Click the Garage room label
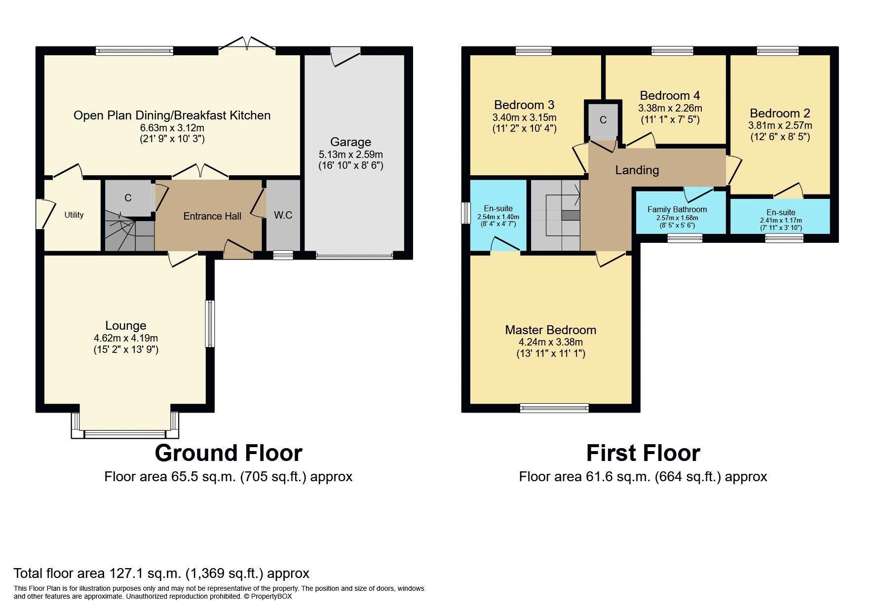350,142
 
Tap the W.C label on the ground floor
283,215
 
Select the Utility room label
74,215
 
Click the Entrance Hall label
212,216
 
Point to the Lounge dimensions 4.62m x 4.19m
126,338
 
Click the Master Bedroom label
551,330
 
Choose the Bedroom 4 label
670,95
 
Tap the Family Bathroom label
677,209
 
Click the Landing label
637,170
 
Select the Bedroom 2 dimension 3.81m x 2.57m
780,125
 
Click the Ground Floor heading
228,453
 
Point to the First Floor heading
643,453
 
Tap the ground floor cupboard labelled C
128,198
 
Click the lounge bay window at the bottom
125,434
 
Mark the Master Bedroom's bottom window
554,408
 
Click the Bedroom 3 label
524,105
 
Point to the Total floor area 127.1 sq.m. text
161,574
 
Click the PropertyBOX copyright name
271,596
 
